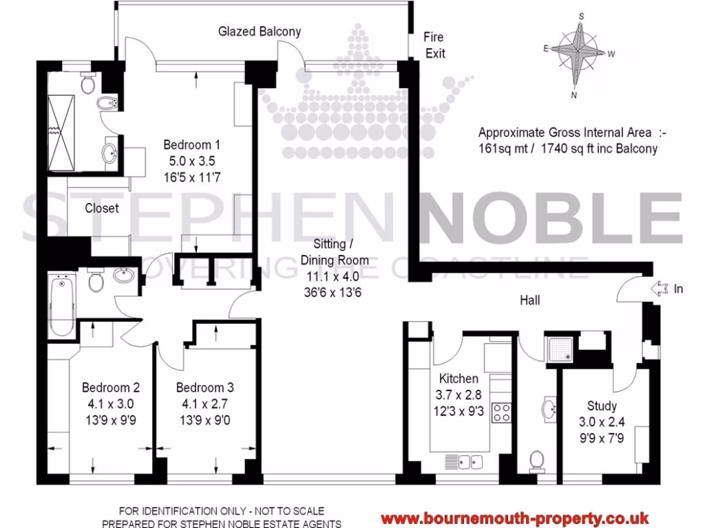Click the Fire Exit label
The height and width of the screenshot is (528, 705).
(434, 45)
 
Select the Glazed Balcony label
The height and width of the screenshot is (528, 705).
(260, 32)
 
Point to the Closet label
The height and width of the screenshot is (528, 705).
(102, 208)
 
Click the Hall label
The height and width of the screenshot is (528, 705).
(530, 300)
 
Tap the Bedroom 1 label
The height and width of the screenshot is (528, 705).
(191, 145)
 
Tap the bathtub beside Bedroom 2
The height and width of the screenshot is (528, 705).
(61, 305)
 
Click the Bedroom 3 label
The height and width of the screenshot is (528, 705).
(204, 387)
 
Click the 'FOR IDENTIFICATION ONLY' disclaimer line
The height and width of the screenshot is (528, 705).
(221, 511)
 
